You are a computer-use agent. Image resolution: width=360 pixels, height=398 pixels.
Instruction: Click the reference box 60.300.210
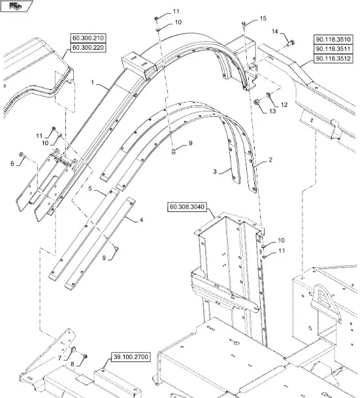(88, 38)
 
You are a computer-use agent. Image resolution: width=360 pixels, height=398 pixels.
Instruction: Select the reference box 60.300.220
(88, 48)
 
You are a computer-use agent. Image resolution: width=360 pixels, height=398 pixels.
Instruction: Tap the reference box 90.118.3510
(333, 39)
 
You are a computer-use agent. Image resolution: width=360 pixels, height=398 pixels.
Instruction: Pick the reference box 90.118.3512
(333, 59)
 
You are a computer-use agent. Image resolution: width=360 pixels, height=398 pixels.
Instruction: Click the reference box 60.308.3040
(187, 207)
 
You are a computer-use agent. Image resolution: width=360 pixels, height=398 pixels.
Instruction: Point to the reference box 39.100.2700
(131, 357)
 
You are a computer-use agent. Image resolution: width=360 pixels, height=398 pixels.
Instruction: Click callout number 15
(263, 18)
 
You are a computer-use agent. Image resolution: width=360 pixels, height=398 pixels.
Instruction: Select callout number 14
(275, 31)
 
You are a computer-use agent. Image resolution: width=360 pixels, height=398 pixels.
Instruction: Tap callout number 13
(272, 111)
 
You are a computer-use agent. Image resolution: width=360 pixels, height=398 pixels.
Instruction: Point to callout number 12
(284, 105)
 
